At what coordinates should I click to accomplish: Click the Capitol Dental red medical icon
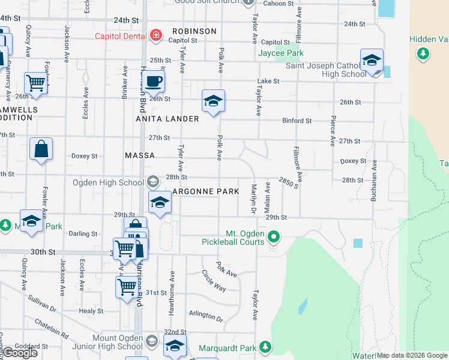(156, 35)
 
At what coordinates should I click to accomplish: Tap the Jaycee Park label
(280, 53)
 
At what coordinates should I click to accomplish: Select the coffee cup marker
(154, 82)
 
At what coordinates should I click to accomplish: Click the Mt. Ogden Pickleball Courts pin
(274, 236)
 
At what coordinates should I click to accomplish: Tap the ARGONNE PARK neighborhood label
(206, 191)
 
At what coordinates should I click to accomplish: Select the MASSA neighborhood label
(139, 155)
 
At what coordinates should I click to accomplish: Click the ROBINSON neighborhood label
(194, 31)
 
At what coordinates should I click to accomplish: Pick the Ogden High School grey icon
(153, 182)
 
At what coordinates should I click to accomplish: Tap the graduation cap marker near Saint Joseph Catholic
(372, 61)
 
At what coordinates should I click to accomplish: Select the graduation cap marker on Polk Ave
(213, 101)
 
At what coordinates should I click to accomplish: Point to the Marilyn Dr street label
(253, 199)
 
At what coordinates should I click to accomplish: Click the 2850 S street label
(289, 182)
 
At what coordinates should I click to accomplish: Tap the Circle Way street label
(214, 280)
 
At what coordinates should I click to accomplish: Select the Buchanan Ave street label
(373, 179)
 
